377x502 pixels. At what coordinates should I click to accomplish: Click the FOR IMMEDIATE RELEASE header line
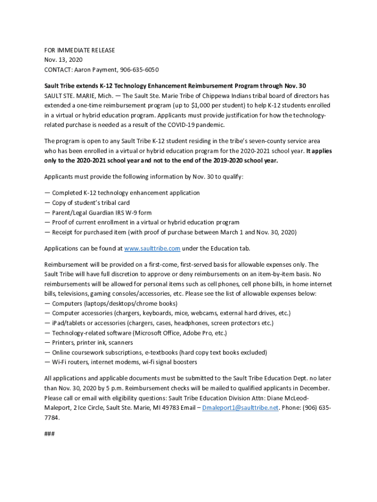pos(79,50)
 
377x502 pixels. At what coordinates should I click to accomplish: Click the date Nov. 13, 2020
pos(63,60)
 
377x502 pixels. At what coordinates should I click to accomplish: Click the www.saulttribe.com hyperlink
pos(152,249)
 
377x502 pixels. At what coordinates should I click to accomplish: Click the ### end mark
pos(49,434)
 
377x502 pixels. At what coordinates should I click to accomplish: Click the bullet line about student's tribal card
pos(87,202)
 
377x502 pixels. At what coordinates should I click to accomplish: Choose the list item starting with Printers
pos(89,343)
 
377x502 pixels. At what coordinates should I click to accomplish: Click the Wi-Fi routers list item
pos(120,362)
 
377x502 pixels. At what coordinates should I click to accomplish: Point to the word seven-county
pos(272,142)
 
